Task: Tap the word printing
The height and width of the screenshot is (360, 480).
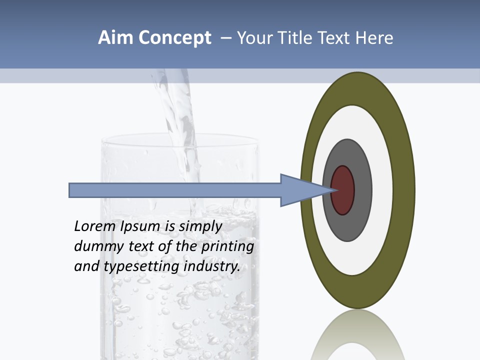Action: [x=227, y=246]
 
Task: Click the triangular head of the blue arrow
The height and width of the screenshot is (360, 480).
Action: [x=300, y=190]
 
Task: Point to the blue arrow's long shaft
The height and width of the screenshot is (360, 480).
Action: [x=175, y=190]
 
